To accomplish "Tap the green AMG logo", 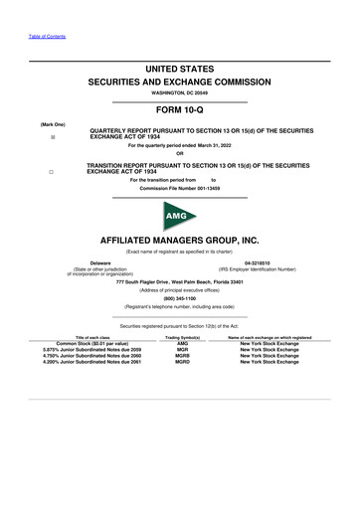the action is pos(179,215).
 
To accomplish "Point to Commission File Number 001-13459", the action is pos(179,187).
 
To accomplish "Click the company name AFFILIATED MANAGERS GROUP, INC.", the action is pos(179,241).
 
